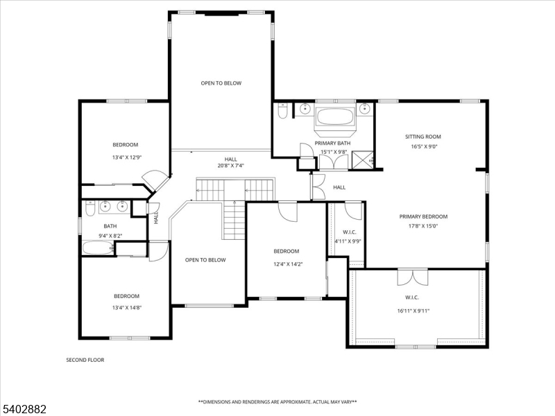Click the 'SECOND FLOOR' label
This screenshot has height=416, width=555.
(85, 360)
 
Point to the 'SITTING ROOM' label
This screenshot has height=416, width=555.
(423, 137)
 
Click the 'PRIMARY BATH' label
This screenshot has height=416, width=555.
(332, 143)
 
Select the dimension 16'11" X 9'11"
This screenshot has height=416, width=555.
(415, 311)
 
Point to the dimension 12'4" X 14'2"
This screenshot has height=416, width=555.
(286, 263)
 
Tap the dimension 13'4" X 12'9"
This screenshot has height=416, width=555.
(126, 157)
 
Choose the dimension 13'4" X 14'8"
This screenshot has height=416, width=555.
(126, 308)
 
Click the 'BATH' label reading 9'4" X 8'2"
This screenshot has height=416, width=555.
(110, 226)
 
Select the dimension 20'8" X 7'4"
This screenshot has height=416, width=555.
(230, 165)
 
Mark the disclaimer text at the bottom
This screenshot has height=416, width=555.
(277, 401)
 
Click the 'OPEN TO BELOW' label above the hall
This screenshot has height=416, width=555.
(221, 83)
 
